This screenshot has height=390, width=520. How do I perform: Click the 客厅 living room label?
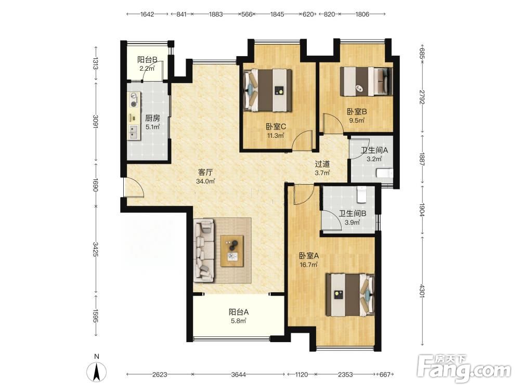click(205, 173)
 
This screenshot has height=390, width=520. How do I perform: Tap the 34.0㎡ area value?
click(205, 181)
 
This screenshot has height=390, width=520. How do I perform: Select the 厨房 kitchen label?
click(152, 118)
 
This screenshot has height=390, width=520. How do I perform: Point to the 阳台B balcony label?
click(147, 60)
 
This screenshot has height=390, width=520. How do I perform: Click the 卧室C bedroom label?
click(276, 127)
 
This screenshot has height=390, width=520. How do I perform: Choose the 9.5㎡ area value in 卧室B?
click(357, 121)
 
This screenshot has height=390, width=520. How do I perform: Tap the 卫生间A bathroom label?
click(374, 150)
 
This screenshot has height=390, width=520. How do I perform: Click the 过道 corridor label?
click(322, 164)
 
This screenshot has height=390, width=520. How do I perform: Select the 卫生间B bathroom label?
click(352, 214)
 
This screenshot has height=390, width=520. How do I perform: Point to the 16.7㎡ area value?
click(309, 265)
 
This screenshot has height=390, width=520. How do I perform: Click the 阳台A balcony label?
click(239, 312)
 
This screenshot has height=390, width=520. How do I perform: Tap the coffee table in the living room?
click(232, 251)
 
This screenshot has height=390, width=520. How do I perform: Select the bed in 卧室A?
click(350, 295)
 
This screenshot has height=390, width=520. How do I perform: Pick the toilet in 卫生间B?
click(361, 194)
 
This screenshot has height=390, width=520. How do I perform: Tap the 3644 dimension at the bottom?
click(239, 375)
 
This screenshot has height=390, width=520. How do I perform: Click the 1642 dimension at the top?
click(147, 14)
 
